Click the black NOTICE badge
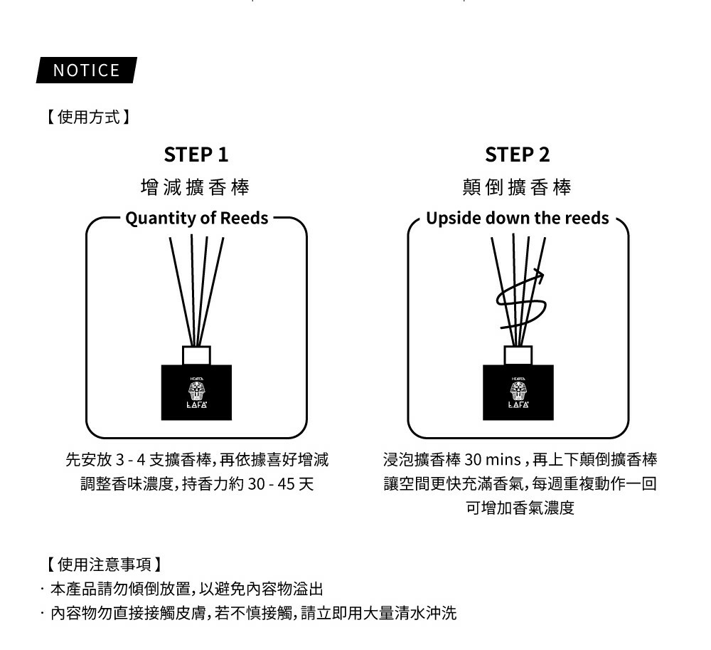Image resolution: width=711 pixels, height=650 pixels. pos(86,70)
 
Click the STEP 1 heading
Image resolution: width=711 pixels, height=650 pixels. pos(196,154)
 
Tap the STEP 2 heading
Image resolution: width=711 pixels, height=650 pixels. pos(518,154)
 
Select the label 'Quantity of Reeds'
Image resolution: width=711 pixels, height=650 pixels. pos(197,218)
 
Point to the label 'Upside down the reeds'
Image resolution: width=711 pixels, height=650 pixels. pos(518,218)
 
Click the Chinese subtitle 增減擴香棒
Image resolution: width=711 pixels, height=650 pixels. pos(196,187)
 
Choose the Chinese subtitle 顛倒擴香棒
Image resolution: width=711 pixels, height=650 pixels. pos(518,187)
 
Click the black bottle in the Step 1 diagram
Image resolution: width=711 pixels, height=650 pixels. pos(197,393)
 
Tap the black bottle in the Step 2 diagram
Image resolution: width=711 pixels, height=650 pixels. pos(518,393)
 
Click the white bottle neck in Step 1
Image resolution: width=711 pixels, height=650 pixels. pos(197,355)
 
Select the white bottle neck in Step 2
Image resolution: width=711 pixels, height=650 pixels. pos(518,355)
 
